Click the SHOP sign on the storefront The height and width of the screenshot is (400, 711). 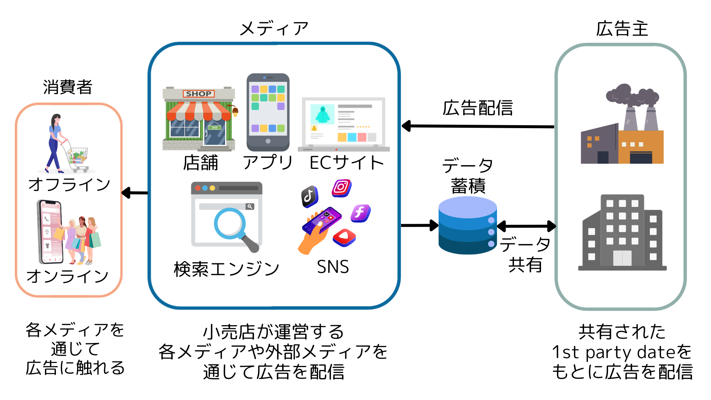pos(198,94)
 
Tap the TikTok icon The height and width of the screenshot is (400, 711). pos(309,196)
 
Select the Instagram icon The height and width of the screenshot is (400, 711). pos(341,187)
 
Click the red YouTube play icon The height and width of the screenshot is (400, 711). pos(344,237)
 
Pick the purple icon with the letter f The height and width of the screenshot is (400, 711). pos(360,213)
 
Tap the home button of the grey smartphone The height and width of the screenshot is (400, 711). pos(268,141)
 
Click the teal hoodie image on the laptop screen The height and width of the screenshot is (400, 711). pos(323,114)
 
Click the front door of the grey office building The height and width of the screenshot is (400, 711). pos(622,258)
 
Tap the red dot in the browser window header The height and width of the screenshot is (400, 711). pos(198,188)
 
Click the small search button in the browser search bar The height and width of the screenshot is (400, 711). pos(250,206)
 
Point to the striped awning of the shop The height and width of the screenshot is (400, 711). pos(199,111)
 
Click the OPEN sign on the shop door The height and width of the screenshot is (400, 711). pos(214,128)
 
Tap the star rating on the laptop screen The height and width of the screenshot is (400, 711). pos(363,127)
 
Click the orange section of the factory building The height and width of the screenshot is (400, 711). pos(641,147)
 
